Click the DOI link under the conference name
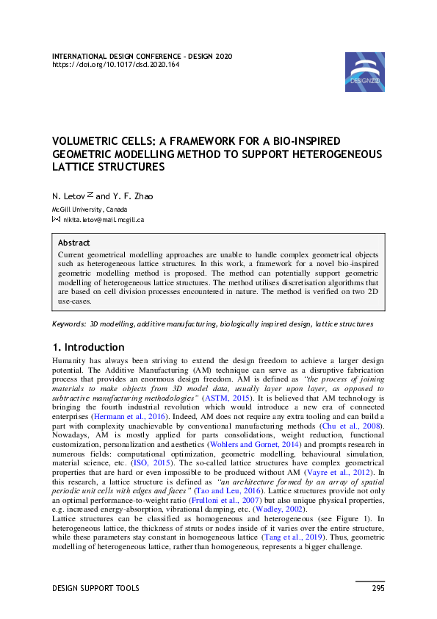point(115,64)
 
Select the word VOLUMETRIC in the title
point(87,140)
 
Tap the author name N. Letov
point(68,196)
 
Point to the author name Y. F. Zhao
point(132,196)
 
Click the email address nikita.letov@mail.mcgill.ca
point(104,219)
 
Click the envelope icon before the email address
point(56,219)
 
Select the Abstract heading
point(73,243)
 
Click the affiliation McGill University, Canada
point(89,210)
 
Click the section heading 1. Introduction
point(88,347)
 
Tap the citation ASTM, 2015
point(223,396)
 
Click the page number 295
point(378,588)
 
